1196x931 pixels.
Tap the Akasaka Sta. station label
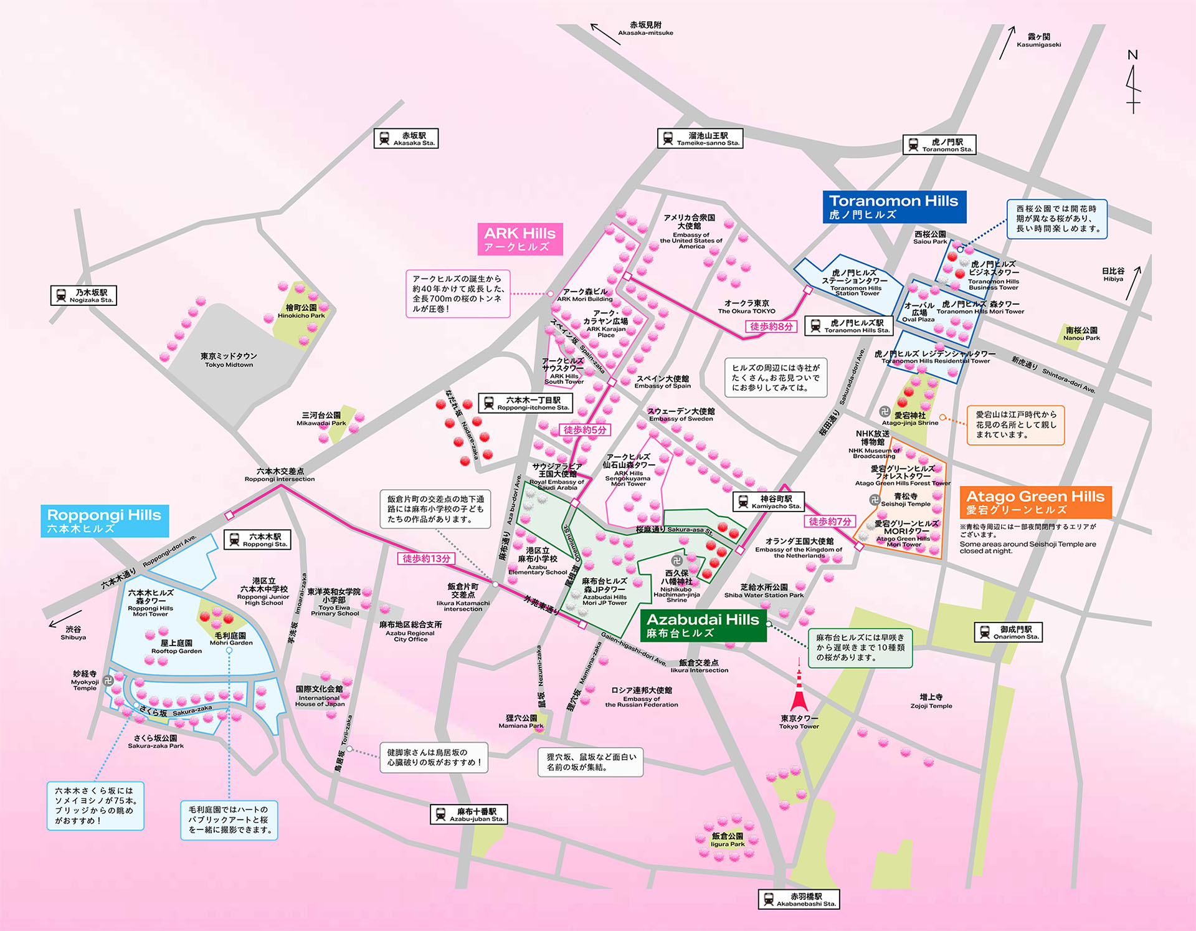406,138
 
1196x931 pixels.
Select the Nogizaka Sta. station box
83,295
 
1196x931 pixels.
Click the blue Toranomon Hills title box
894,207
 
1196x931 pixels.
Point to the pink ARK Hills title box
520,239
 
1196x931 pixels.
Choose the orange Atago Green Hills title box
1035,502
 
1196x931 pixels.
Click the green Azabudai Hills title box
703,626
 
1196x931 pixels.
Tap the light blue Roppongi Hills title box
105,521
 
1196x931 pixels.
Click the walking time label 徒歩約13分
426,558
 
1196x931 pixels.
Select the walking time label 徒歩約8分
771,327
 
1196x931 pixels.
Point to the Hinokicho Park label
301,312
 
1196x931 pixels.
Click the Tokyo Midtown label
229,360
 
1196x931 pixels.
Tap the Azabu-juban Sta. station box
468,814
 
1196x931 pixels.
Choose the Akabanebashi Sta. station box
799,899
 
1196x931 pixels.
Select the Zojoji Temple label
931,701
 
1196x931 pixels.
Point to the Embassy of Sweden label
681,415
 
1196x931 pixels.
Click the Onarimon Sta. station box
1008,633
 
